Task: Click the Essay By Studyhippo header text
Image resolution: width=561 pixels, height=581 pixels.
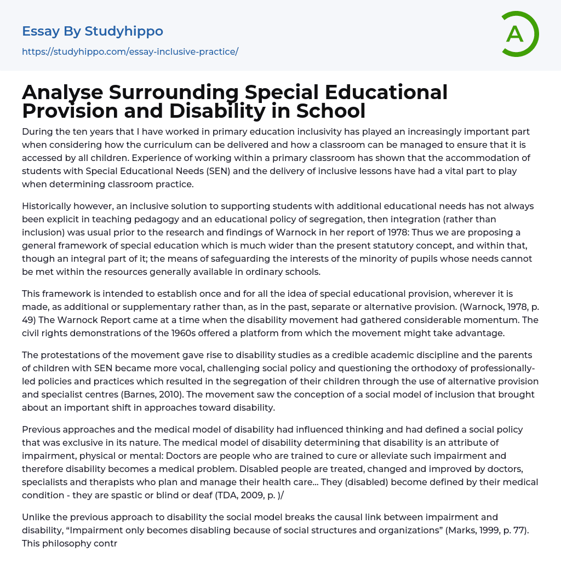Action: (93, 31)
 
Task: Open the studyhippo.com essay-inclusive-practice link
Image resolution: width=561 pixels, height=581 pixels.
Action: (130, 52)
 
